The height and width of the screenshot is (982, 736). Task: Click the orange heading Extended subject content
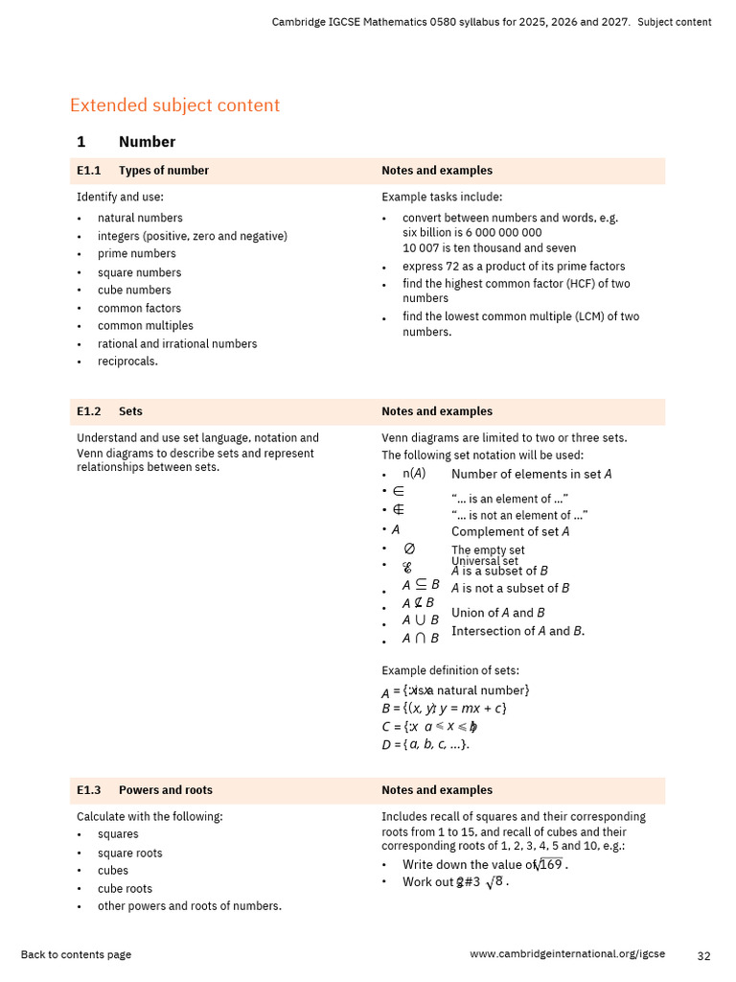click(x=174, y=105)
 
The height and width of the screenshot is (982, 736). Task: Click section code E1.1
click(x=88, y=171)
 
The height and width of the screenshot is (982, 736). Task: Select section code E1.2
click(x=88, y=411)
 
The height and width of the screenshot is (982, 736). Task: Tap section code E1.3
click(x=88, y=790)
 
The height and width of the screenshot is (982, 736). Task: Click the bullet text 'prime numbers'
click(x=136, y=254)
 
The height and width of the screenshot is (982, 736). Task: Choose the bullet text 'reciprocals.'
click(x=127, y=362)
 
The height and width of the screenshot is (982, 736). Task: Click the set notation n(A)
click(x=413, y=474)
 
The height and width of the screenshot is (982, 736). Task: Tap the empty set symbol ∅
click(x=409, y=549)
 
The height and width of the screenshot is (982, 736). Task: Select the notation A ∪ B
click(x=420, y=620)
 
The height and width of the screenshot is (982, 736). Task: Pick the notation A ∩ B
click(x=420, y=639)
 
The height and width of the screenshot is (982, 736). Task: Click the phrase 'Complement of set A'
click(x=510, y=531)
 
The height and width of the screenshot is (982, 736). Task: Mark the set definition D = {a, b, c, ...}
click(x=425, y=744)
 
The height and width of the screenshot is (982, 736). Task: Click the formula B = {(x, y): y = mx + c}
click(x=443, y=709)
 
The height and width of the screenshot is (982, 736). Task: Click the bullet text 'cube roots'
click(x=125, y=889)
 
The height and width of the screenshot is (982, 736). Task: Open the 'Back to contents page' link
click(x=76, y=955)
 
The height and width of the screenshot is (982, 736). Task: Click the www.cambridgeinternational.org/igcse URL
click(x=567, y=955)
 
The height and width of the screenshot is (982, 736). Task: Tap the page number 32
click(x=703, y=955)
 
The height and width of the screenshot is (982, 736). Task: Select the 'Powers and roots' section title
click(x=165, y=790)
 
